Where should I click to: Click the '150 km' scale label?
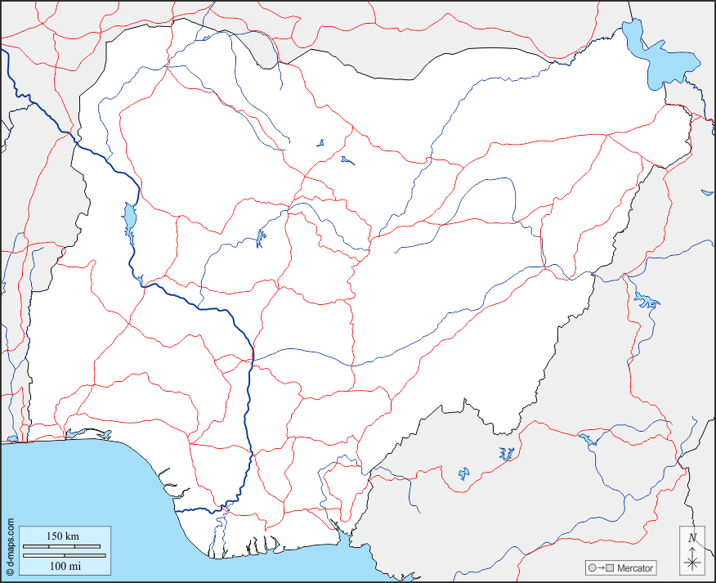(x=63, y=536)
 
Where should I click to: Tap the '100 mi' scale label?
(x=65, y=566)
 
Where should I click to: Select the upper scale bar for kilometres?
(x=63, y=545)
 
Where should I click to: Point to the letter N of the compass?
(x=692, y=537)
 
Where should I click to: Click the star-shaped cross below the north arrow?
(x=692, y=562)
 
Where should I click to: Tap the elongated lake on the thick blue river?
(x=129, y=218)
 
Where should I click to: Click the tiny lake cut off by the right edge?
(x=707, y=193)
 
